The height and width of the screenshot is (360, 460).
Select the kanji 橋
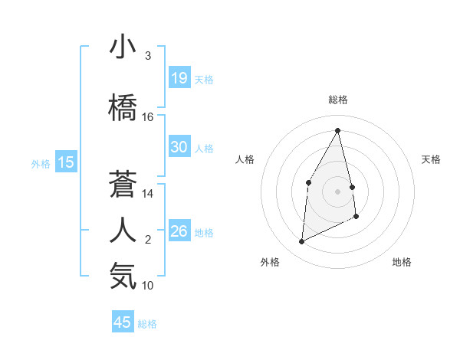(123, 106)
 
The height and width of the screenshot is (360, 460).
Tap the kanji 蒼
(123, 184)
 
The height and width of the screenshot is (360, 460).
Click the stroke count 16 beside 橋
(148, 117)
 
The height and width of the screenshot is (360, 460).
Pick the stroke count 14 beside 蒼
(148, 194)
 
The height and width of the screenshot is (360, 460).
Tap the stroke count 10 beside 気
(148, 286)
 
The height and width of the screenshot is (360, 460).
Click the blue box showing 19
(179, 78)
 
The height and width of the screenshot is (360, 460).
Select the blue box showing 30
(179, 147)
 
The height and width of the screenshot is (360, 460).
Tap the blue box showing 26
(179, 231)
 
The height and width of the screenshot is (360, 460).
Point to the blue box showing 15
(65, 162)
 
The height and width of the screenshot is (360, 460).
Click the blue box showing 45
(123, 322)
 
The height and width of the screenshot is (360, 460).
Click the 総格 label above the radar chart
(337, 100)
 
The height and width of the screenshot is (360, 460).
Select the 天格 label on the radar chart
(431, 159)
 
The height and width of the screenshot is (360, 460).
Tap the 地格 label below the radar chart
(402, 262)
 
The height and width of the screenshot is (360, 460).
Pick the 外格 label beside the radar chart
(270, 262)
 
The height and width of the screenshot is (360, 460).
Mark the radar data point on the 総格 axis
(337, 130)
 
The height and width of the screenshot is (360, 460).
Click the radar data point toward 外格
(301, 242)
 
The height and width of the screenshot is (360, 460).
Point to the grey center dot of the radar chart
(337, 191)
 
